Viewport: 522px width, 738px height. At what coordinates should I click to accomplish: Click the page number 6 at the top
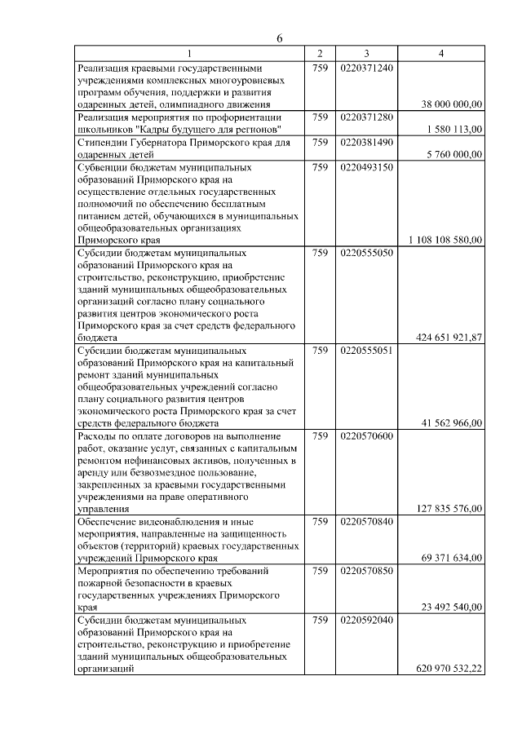[279, 39]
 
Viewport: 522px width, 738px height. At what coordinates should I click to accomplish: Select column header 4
[441, 54]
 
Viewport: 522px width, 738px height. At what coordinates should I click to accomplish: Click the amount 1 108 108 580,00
[445, 240]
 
